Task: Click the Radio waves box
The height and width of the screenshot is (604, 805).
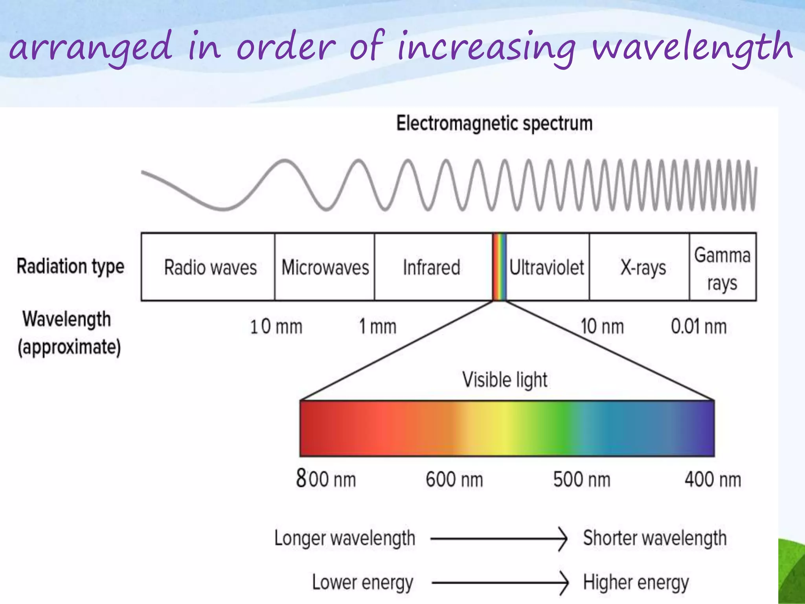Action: tap(208, 267)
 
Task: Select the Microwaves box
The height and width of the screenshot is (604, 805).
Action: tap(325, 267)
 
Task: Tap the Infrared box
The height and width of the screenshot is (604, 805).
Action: tap(432, 267)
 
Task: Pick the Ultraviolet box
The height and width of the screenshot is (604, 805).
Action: tap(547, 267)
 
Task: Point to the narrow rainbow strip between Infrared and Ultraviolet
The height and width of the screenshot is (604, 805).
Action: tap(499, 267)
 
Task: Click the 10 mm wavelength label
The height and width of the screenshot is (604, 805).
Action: tap(276, 327)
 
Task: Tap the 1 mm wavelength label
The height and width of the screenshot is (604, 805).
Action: tap(378, 327)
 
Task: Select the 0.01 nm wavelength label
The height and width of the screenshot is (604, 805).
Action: tap(698, 327)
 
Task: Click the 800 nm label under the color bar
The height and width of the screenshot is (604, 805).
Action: tap(326, 479)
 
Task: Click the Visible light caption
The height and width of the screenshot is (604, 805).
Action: tap(505, 380)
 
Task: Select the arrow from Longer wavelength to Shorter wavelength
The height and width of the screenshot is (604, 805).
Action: tap(499, 539)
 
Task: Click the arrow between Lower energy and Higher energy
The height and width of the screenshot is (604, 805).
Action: tap(500, 583)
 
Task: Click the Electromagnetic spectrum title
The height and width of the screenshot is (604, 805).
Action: tap(494, 124)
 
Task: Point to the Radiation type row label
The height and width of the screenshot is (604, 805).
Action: tap(70, 266)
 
